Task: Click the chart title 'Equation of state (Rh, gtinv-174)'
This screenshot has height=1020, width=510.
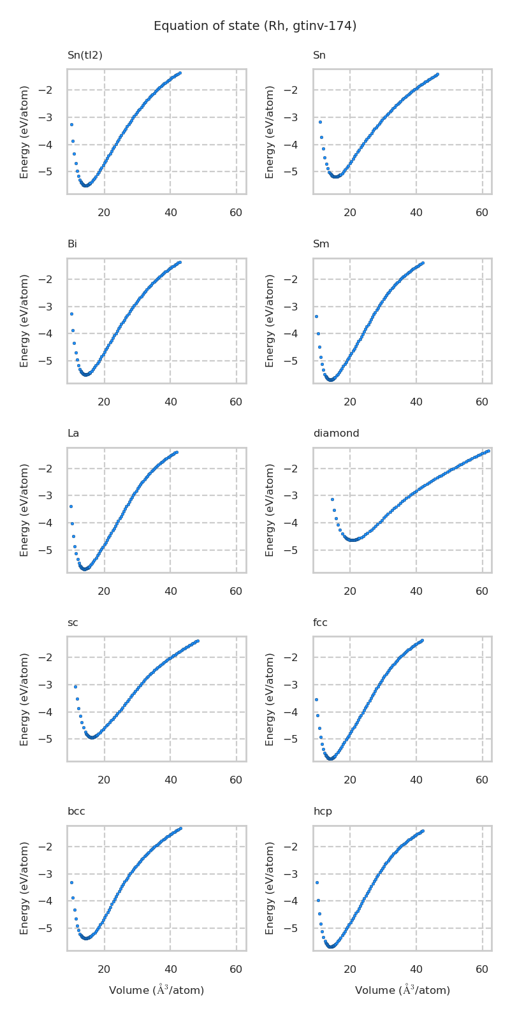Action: (255, 26)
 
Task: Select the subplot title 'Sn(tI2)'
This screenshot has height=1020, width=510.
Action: (85, 55)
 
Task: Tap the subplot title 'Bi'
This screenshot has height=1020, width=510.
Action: (72, 244)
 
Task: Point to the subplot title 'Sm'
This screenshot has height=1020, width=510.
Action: (321, 244)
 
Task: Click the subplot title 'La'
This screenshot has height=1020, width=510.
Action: (73, 433)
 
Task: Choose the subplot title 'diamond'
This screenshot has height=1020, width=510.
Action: (336, 433)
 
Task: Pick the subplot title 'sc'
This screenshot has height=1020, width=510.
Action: (73, 623)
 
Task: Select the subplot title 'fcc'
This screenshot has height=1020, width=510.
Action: (320, 623)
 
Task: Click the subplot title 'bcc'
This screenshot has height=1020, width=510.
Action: (76, 812)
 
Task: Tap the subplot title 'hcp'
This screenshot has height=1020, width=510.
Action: (323, 812)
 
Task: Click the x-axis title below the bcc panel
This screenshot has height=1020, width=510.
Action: (156, 990)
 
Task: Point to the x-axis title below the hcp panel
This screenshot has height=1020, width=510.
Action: (402, 990)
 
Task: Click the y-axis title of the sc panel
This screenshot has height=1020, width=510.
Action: (25, 699)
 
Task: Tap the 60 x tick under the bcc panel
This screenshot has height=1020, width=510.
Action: (236, 970)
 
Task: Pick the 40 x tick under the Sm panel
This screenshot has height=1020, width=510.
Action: (416, 402)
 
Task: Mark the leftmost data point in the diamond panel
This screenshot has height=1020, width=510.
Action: (332, 499)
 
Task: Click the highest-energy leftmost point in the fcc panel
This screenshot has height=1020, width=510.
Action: (316, 699)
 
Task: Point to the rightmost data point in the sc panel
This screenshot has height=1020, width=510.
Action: (198, 641)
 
